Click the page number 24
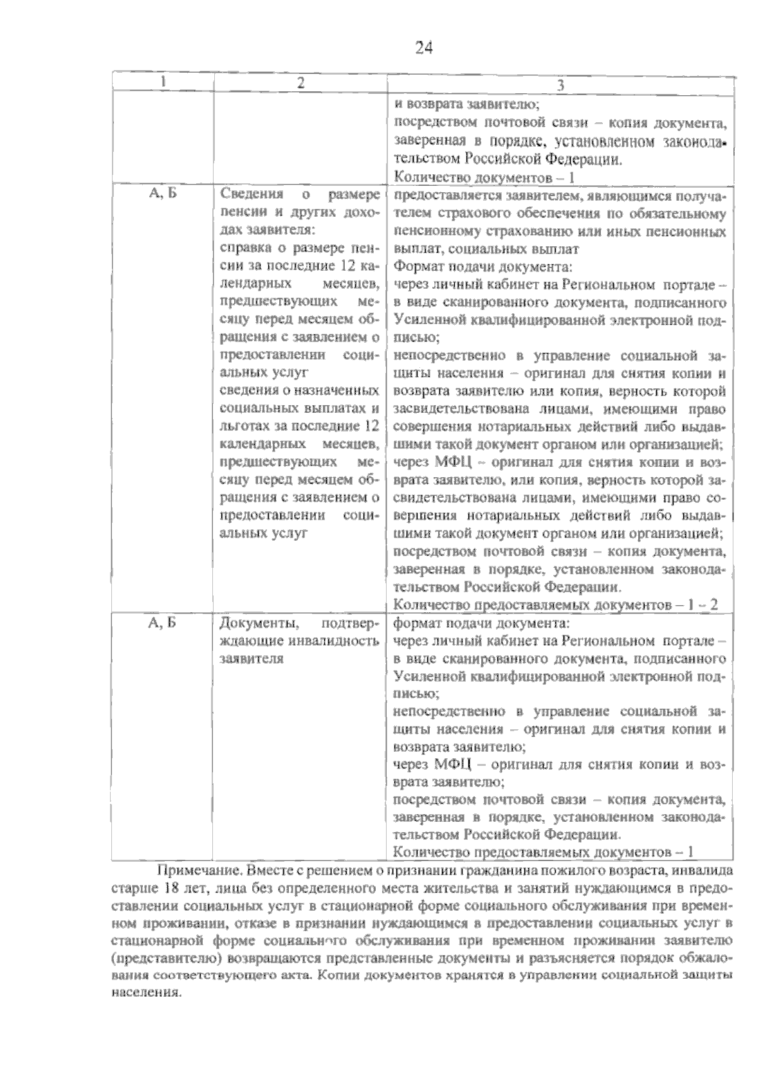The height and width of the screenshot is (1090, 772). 424,48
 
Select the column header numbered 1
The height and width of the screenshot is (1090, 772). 163,82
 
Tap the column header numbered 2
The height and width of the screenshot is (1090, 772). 300,82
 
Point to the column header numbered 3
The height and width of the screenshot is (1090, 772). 560,85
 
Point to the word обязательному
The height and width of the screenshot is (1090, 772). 680,213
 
